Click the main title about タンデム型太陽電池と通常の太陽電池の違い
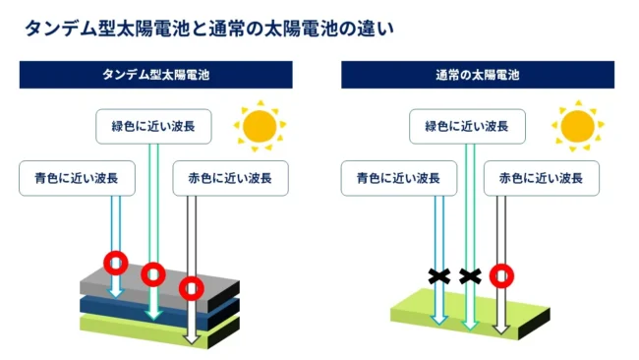tap(209, 29)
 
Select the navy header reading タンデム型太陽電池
tap(155, 75)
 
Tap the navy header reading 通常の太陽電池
tap(478, 75)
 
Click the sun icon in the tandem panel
tap(260, 126)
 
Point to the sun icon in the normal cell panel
tap(577, 126)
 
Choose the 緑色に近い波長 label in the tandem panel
tap(153, 126)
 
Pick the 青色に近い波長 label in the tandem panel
tap(77, 178)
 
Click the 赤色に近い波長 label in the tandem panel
tap(230, 178)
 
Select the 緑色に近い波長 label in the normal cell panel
tap(467, 126)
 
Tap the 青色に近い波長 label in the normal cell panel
tap(399, 178)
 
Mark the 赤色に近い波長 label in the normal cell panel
tap(542, 178)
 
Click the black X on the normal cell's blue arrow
tap(439, 276)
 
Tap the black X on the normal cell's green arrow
tap(470, 276)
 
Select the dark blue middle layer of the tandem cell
tap(122, 307)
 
